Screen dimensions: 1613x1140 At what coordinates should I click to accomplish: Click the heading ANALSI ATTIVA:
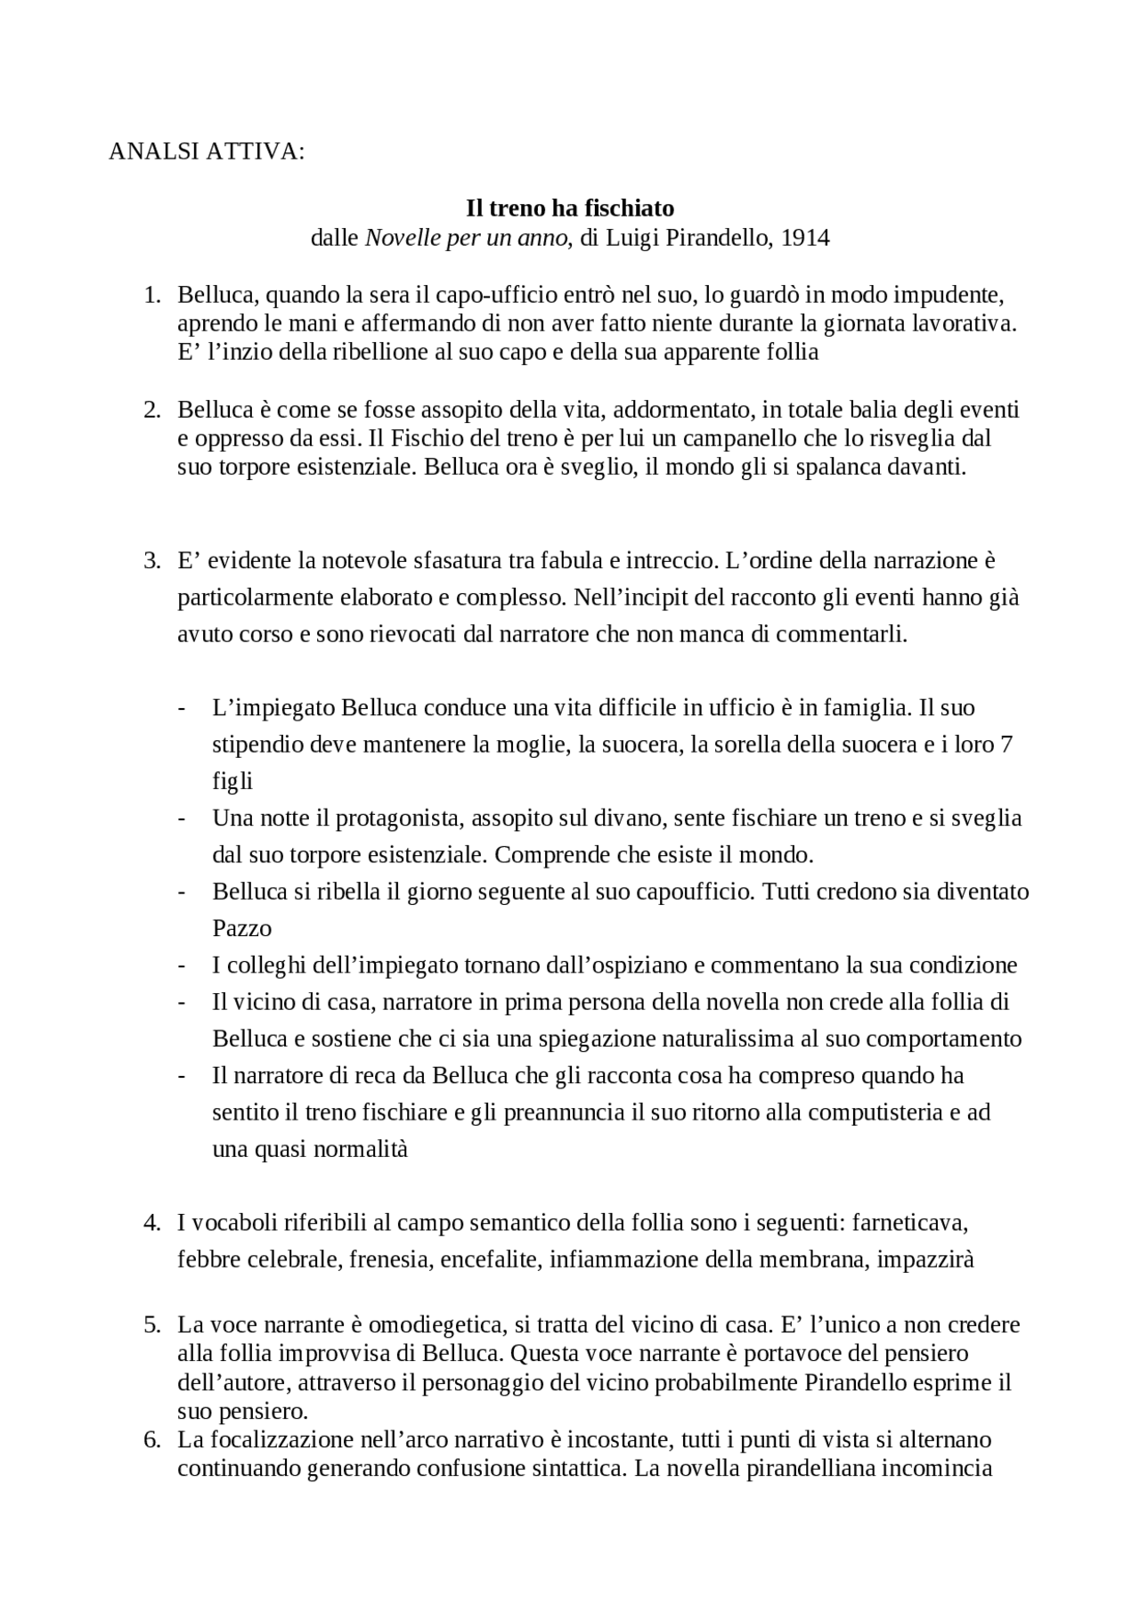coord(206,152)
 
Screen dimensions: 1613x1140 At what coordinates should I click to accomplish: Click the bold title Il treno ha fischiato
coord(570,208)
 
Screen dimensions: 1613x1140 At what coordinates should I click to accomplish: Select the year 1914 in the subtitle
coord(805,238)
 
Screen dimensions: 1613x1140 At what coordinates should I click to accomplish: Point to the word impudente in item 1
coord(949,295)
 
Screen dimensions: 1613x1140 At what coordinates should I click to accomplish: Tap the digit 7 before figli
coord(1006,744)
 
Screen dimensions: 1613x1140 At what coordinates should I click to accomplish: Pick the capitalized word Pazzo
coord(241,928)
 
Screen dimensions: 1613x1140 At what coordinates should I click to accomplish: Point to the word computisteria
coord(868,1112)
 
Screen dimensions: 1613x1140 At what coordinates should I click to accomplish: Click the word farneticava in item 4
coord(909,1223)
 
